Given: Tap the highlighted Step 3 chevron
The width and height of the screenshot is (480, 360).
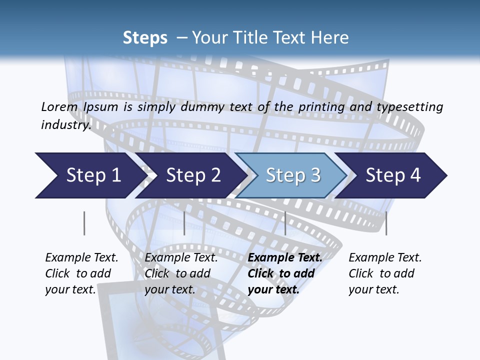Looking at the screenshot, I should coord(292,175).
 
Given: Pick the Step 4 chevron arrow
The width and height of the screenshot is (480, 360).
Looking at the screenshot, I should coord(393,175).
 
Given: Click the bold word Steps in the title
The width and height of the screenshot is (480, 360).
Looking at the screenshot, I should coord(145,38).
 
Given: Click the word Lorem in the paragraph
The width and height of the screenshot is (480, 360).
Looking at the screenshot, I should coord(59,107).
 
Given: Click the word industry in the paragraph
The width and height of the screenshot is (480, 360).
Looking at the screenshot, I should coord(66,125).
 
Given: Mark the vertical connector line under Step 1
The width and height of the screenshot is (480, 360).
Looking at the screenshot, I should coord(84,223).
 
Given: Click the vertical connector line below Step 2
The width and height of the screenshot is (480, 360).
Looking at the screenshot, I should coord(184,223).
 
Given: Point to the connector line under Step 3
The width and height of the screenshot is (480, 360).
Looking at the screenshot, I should coord(285,223).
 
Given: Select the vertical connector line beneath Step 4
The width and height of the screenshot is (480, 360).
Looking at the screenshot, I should coord(386,223).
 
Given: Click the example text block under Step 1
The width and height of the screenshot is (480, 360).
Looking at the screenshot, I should coord(81,273).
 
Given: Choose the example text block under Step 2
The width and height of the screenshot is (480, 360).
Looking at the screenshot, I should coord(181,273).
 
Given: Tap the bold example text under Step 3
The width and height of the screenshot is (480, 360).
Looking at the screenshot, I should coord(285,273).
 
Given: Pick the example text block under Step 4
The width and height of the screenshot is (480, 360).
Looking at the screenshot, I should coord(385,273).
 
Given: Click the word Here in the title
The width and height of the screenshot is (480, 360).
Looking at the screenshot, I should coord(329,38).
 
